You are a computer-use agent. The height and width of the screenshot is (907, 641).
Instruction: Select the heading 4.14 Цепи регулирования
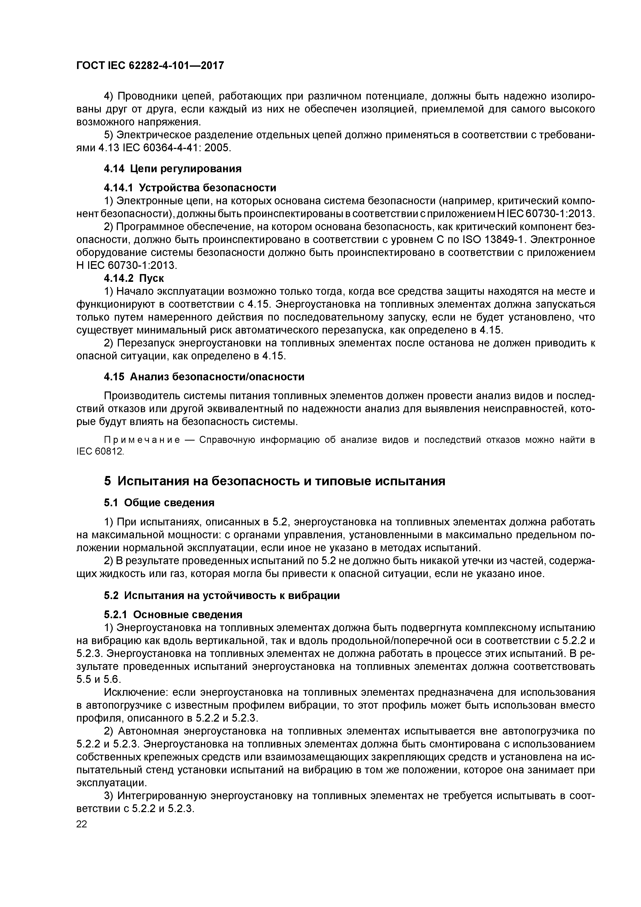pyautogui.click(x=172, y=169)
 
